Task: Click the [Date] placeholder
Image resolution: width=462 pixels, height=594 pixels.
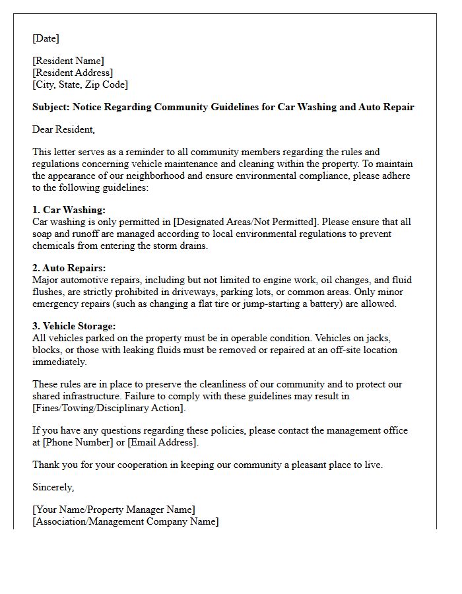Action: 46,38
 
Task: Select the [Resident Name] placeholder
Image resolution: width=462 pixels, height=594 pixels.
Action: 68,61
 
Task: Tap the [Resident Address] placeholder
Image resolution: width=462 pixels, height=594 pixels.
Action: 73,73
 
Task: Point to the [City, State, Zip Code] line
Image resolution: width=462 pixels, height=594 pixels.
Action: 80,84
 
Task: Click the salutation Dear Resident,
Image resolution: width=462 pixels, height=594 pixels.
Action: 63,129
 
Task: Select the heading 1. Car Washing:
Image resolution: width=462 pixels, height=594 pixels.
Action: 69,210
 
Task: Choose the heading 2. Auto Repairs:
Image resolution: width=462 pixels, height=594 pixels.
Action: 69,268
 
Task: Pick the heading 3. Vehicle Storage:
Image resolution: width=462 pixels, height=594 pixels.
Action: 74,326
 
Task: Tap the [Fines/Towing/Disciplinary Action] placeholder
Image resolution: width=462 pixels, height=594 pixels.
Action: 109,408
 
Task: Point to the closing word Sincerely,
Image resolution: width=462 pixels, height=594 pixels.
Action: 53,487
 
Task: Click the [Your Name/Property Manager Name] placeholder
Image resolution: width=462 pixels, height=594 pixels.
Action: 114,510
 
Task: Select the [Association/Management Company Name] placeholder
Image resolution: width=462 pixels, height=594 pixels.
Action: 125,521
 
